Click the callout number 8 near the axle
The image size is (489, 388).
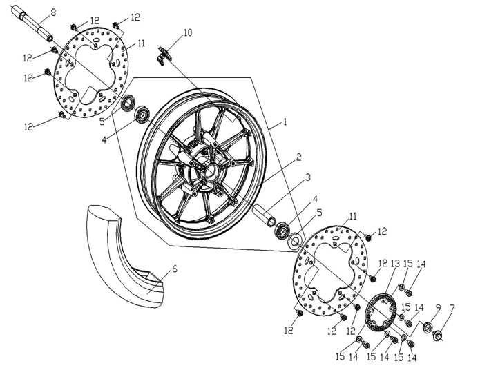pyautogui.click(x=53, y=12)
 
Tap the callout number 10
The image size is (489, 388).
pyautogui.click(x=188, y=32)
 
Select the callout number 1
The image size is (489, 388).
pyautogui.click(x=285, y=122)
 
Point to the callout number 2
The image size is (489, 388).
pyautogui.click(x=298, y=157)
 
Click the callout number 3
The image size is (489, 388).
pyautogui.click(x=308, y=177)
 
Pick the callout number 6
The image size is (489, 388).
pyautogui.click(x=174, y=269)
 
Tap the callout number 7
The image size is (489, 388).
pyautogui.click(x=452, y=308)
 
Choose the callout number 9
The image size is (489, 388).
pyautogui.click(x=438, y=308)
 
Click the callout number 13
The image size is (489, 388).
pyautogui.click(x=395, y=264)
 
